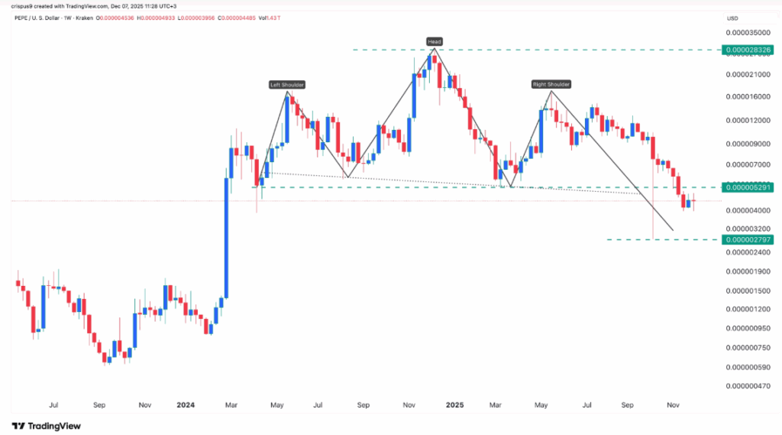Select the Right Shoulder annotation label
[551, 83]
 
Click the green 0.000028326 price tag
[749, 50]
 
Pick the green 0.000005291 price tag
[749, 187]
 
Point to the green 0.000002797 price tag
[749, 239]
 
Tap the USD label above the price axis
[732, 18]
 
